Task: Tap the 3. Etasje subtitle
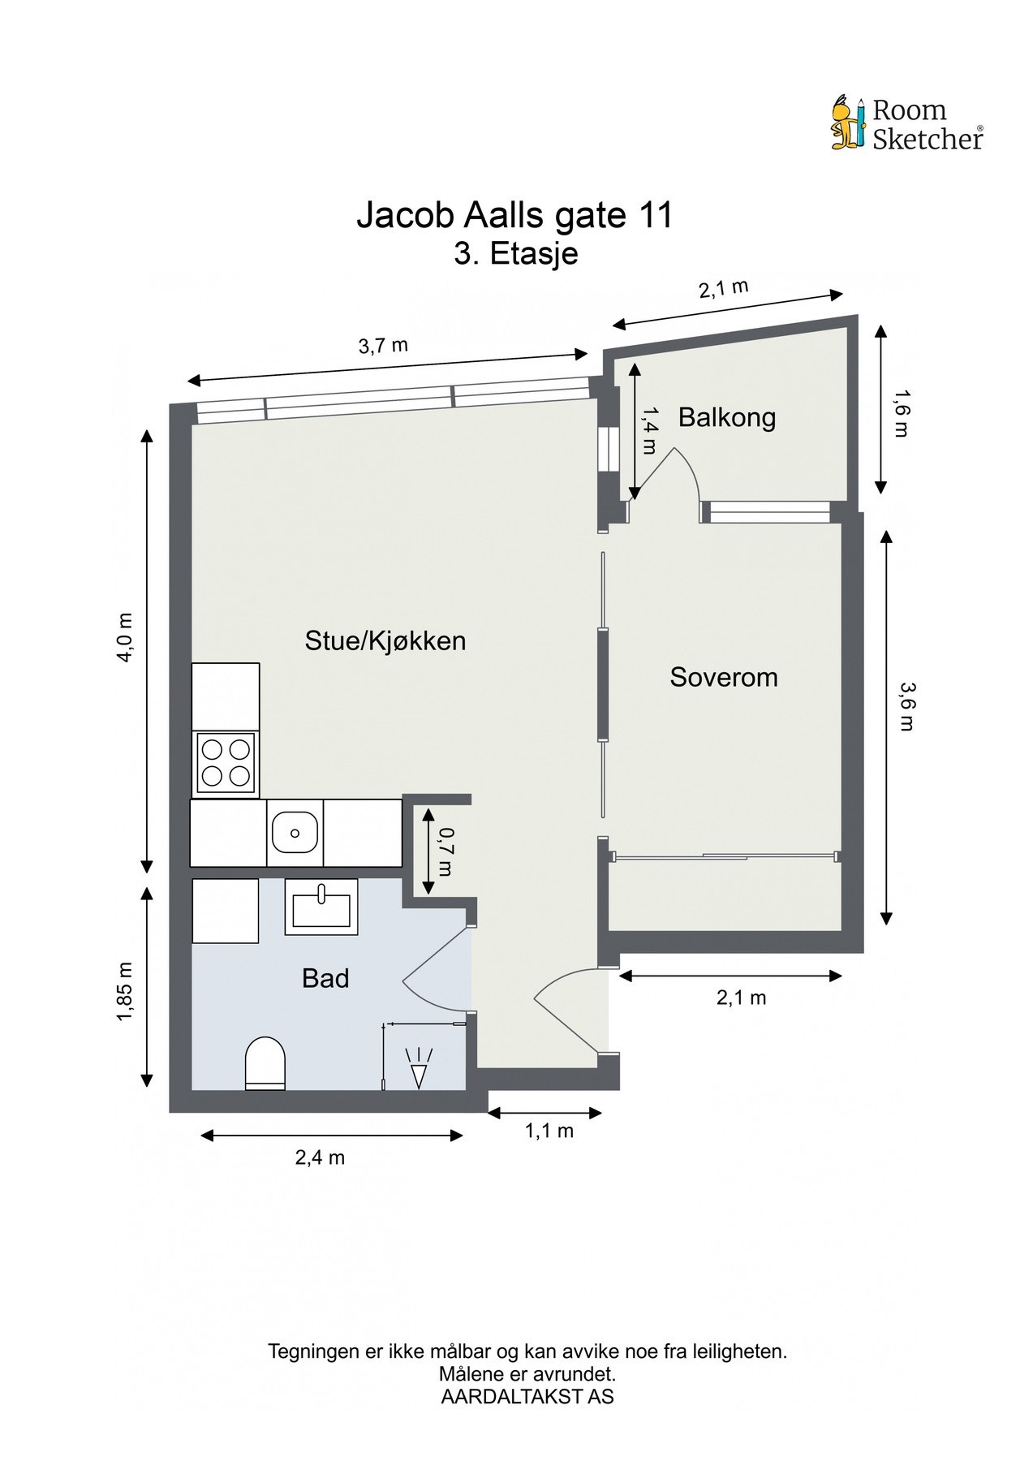pos(515,254)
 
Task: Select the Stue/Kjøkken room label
pos(385,640)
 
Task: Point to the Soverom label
pos(723,677)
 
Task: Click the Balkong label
pos(726,417)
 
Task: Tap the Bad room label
pos(325,978)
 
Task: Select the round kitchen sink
pos(295,833)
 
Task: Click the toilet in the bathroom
pos(265,1062)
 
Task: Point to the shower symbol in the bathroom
pos(419,1068)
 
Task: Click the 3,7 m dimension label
pos(383,346)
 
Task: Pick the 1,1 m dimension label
pos(549,1131)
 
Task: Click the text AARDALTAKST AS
pos(527,1397)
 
